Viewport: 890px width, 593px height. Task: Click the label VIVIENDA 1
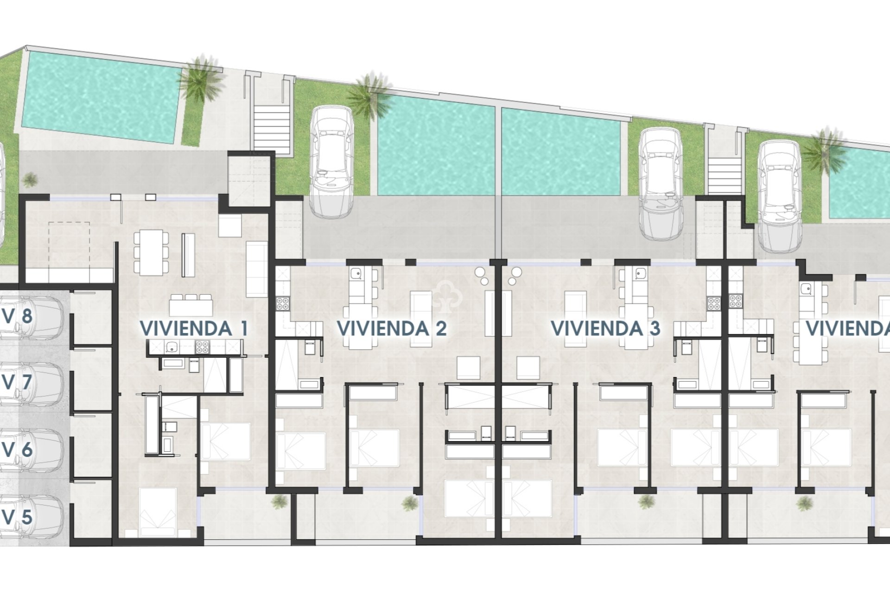[x=194, y=328]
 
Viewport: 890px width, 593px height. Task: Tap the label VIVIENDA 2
[x=392, y=328]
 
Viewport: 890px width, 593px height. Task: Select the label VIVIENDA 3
[x=605, y=328]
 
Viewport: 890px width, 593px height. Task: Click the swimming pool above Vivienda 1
[x=100, y=97]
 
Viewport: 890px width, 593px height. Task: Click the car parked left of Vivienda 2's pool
[x=331, y=162]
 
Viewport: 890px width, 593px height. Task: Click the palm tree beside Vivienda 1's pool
[x=200, y=81]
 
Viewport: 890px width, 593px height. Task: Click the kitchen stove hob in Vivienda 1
[x=202, y=347]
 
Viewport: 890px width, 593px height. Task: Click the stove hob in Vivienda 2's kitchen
[x=282, y=303]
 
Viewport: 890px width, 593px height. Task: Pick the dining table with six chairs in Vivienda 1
[x=151, y=252]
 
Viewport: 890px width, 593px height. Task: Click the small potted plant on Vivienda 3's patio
[x=646, y=501]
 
